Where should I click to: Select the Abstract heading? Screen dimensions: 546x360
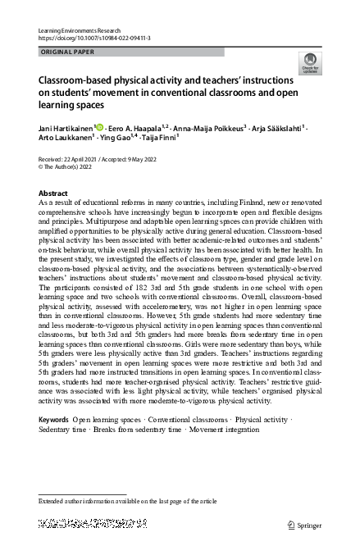pyautogui.click(x=53, y=193)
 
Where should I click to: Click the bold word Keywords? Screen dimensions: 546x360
pyautogui.click(x=54, y=420)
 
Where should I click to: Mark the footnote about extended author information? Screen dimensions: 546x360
pyautogui.click(x=127, y=499)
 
